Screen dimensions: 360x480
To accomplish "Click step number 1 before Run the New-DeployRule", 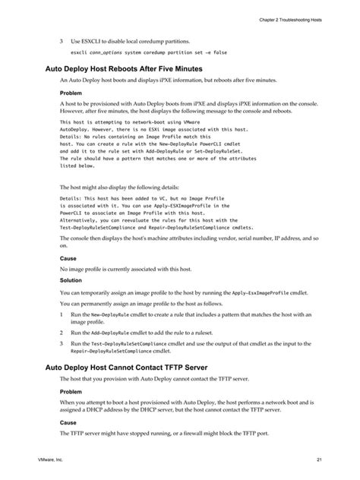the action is pyautogui.click(x=62, y=314).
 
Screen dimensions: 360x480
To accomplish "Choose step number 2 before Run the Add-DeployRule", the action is pyautogui.click(x=62, y=333).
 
